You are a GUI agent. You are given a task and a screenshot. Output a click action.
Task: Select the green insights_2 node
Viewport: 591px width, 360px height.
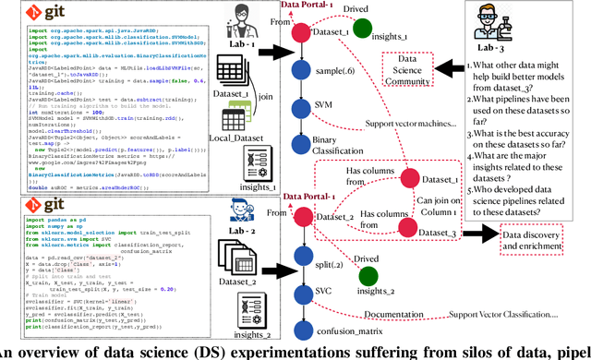pos(368,275)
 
